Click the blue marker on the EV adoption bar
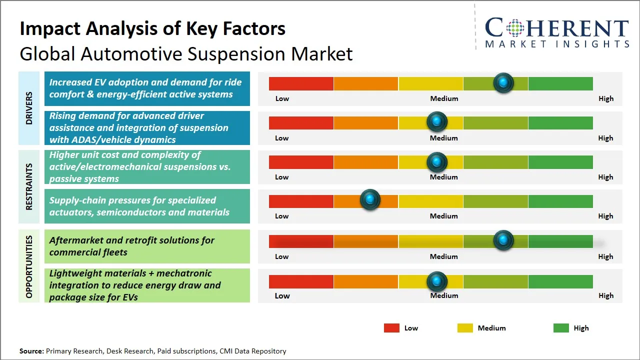point(503,83)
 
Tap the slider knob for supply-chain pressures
point(370,199)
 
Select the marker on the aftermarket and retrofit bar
point(503,240)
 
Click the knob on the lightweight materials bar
point(436,281)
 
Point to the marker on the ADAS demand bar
point(436,121)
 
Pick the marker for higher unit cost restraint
point(436,162)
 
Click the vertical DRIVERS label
point(29,108)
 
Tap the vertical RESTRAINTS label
point(29,186)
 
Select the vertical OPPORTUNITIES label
point(29,266)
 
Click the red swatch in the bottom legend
point(391,328)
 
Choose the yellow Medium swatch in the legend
point(465,328)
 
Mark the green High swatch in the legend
point(561,328)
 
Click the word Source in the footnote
point(31,351)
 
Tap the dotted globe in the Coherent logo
point(515,28)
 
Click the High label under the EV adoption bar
point(606,98)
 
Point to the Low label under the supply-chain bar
point(281,216)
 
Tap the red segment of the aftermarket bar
point(301,241)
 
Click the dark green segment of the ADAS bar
point(560,123)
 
